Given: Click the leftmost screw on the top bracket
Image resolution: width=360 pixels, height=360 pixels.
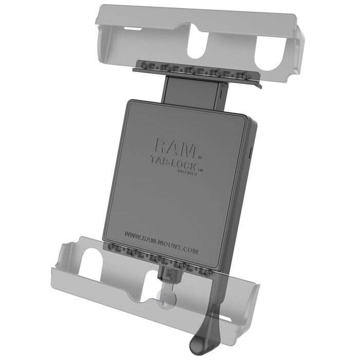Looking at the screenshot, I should tap(143, 66).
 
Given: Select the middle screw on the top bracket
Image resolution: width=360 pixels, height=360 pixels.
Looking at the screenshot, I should tap(191, 69).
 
